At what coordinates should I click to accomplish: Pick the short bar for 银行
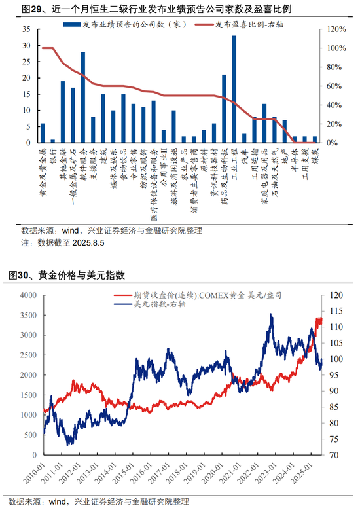point(53,141)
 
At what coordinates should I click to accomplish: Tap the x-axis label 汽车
point(244,156)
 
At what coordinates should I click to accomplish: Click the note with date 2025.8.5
point(63,242)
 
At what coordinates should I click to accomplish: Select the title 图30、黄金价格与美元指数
point(73,275)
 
